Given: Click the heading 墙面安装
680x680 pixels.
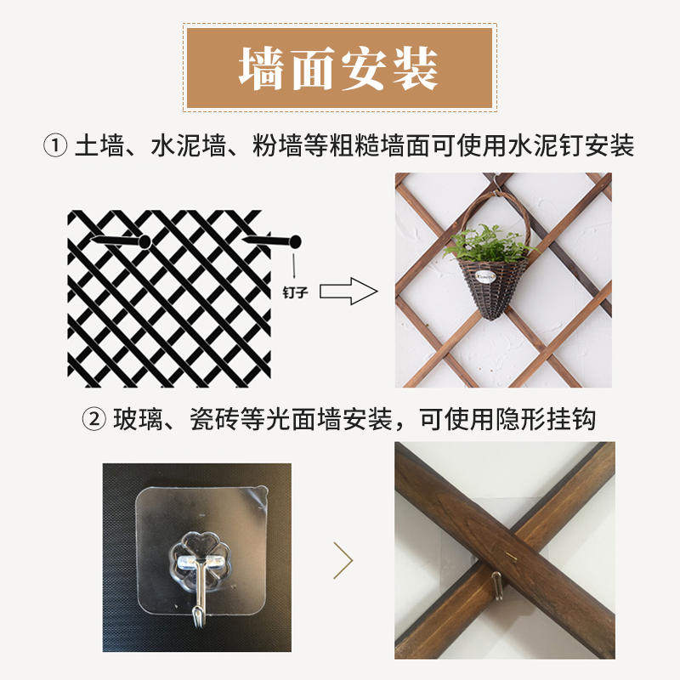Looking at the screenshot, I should [x=338, y=68].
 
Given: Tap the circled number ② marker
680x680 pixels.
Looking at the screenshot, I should [x=93, y=419].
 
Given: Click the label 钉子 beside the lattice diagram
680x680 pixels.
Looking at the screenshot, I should [x=294, y=291].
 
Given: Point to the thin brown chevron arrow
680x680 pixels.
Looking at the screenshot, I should [x=343, y=561].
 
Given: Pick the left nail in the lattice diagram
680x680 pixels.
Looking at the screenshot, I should [x=119, y=243].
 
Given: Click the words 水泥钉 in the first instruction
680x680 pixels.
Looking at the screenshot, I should [x=541, y=146].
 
